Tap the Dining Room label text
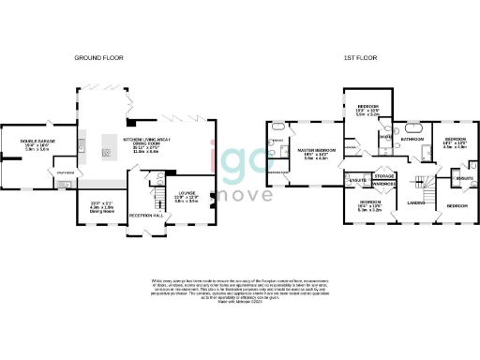click(100, 212)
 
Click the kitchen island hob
click(105, 152)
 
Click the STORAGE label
click(383, 175)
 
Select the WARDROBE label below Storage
click(383, 185)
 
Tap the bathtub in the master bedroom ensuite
click(277, 126)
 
